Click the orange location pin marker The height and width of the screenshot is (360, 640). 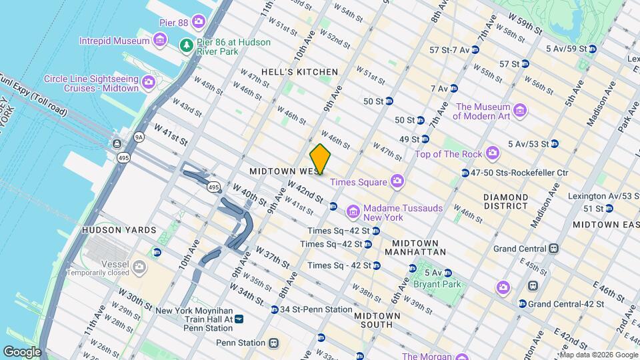click(321, 159)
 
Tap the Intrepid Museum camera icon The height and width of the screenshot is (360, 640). click(159, 41)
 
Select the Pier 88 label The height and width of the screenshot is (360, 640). click(173, 23)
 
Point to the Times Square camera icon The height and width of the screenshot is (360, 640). click(397, 182)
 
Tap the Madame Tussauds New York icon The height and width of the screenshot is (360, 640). click(353, 212)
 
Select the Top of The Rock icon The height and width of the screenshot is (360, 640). click(492, 154)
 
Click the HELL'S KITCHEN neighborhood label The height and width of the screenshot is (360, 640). click(309, 72)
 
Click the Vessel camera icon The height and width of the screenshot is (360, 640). click(139, 267)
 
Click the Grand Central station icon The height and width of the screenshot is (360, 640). click(553, 249)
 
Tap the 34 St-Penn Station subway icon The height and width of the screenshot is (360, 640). click(275, 309)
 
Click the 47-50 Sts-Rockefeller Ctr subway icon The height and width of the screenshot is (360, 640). click(465, 173)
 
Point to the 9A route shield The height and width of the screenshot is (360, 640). click(139, 137)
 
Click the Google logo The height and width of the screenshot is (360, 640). click(22, 352)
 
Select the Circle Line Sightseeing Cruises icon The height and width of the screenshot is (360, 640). click(148, 83)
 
